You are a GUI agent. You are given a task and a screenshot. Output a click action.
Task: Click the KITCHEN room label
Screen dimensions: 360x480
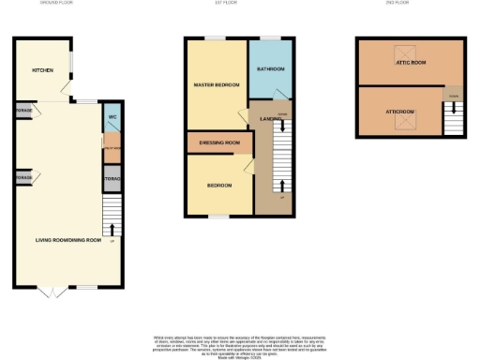pos(41,70)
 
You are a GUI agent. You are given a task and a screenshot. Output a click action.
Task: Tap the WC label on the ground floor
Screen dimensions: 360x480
pos(112,117)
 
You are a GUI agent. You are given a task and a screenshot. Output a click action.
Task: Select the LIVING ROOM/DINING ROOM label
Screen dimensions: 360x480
pos(67,240)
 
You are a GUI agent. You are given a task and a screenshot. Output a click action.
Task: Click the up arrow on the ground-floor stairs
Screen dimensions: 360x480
pos(112,228)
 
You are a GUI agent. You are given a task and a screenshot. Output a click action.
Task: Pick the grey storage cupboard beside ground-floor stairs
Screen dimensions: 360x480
pos(112,178)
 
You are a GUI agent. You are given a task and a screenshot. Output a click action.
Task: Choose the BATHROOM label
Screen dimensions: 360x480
pos(271,69)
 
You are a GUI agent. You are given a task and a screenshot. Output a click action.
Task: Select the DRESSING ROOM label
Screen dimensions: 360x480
pos(220,143)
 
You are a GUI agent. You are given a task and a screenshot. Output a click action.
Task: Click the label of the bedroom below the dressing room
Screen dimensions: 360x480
pos(219,185)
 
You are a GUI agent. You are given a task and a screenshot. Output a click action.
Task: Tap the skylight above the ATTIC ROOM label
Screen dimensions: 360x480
pos(409,52)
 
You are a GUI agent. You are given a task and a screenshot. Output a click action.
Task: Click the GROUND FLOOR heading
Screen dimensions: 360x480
pos(57,3)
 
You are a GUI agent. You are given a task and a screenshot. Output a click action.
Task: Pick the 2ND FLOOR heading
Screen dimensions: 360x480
pos(397,3)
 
